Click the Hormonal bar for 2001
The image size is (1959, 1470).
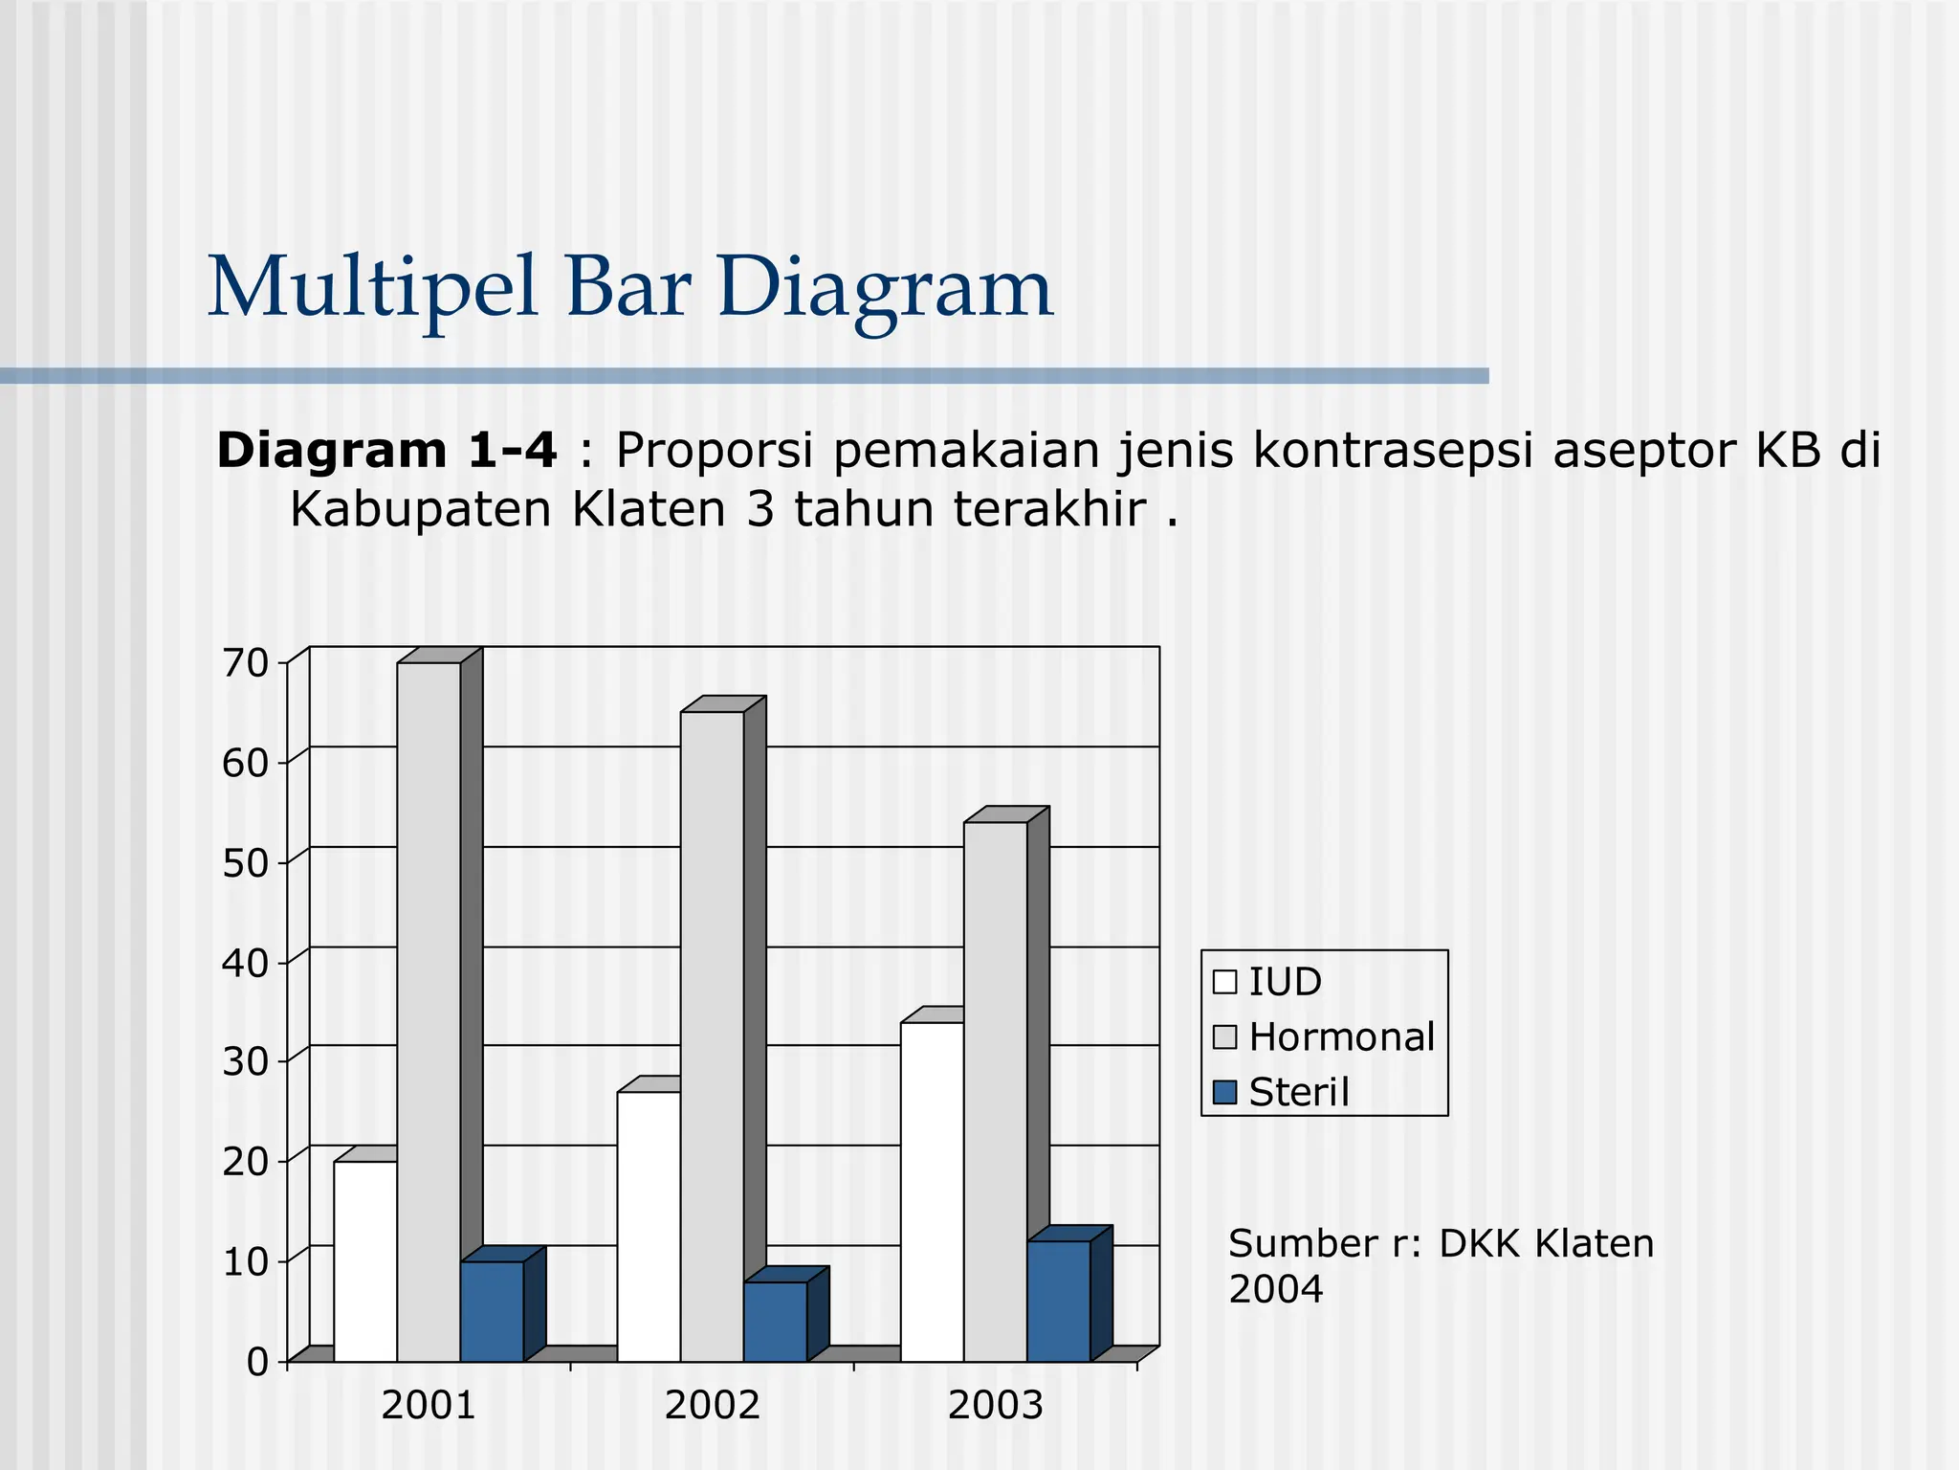pyautogui.click(x=429, y=1011)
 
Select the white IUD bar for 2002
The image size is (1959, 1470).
pyautogui.click(x=649, y=1226)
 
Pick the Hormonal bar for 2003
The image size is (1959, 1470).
pyautogui.click(x=995, y=1091)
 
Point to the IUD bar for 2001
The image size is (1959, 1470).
pyautogui.click(x=365, y=1260)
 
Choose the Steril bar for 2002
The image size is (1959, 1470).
pyautogui.click(x=775, y=1322)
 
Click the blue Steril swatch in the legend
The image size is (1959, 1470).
pyautogui.click(x=1224, y=1092)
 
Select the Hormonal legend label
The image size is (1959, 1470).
pyautogui.click(x=1341, y=1037)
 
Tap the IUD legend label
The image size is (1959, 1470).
pyautogui.click(x=1285, y=982)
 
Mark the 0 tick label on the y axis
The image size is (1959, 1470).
pyautogui.click(x=257, y=1362)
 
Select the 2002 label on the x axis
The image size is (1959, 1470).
pyautogui.click(x=712, y=1406)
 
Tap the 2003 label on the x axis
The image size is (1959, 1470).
pyautogui.click(x=995, y=1406)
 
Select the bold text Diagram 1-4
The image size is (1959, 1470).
pyautogui.click(x=386, y=451)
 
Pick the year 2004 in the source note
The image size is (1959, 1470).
pyautogui.click(x=1275, y=1290)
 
